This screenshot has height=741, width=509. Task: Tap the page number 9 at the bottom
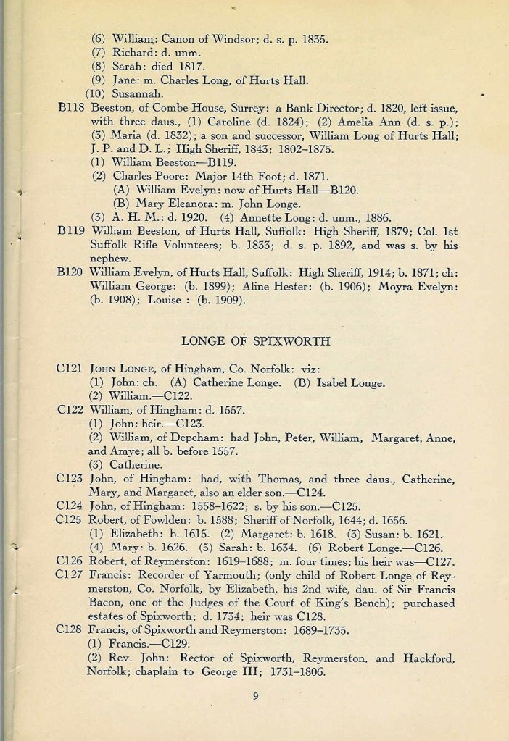[256, 698]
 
